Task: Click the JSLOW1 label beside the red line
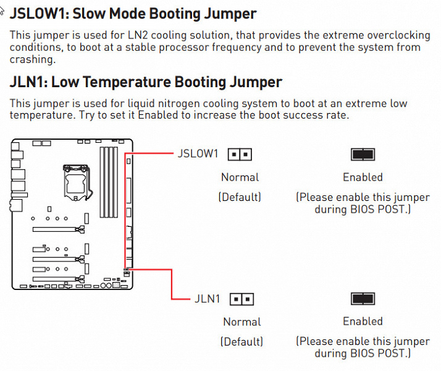click(198, 153)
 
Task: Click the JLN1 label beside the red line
click(207, 299)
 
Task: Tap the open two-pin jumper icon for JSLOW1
click(240, 154)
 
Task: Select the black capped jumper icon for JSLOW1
click(363, 154)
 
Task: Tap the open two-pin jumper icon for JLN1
click(241, 299)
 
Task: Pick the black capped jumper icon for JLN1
click(363, 299)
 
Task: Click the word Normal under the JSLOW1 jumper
click(240, 177)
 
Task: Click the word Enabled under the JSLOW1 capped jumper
click(363, 177)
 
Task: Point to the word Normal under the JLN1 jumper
click(241, 322)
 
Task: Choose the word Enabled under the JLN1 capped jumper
click(363, 322)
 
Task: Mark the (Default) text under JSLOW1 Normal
click(240, 197)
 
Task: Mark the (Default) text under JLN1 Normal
click(241, 342)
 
